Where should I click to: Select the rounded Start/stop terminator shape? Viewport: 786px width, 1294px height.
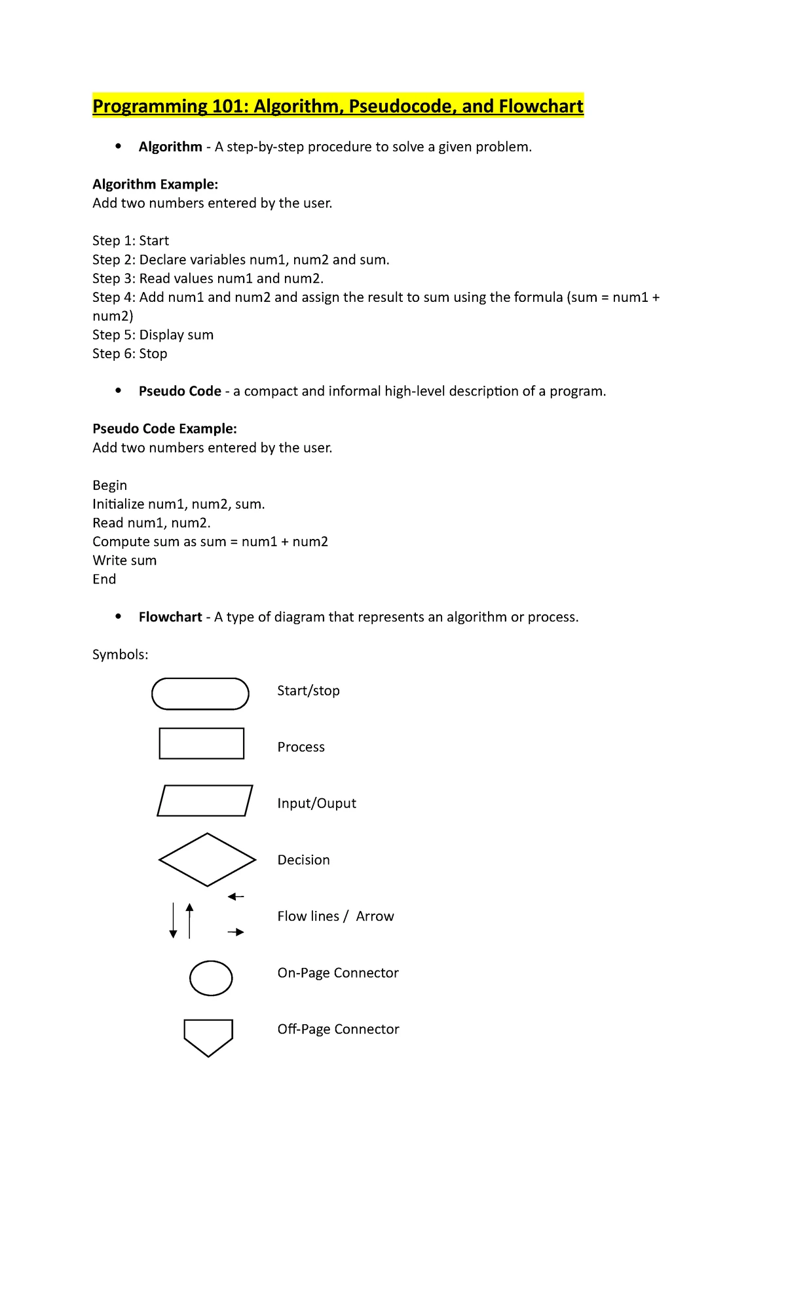point(200,693)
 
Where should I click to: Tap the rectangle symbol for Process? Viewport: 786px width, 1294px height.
point(202,743)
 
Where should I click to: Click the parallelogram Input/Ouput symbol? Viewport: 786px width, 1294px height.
point(205,800)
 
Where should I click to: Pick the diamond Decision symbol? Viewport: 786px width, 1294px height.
point(207,859)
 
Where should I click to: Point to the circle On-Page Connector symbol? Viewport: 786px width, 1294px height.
point(211,978)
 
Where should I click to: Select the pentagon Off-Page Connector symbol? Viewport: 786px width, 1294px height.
point(208,1036)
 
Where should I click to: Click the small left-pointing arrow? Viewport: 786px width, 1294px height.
point(236,897)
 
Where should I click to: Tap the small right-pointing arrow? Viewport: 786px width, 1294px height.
point(236,932)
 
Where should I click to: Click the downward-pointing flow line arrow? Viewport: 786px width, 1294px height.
point(173,920)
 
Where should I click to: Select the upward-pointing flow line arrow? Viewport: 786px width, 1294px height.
point(189,920)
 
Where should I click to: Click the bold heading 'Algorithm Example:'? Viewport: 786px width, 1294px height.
point(155,184)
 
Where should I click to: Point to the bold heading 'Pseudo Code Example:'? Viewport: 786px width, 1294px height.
point(164,428)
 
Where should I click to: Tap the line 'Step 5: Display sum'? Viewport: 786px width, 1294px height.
point(153,335)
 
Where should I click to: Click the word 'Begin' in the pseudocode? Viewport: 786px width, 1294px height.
point(109,485)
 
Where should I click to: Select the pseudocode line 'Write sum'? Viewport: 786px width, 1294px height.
point(124,561)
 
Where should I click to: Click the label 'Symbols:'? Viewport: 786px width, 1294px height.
point(120,654)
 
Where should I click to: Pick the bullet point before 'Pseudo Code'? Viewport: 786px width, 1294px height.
point(118,391)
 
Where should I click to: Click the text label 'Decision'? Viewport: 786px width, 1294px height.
point(303,860)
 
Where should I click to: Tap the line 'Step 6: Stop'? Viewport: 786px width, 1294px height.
point(130,354)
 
